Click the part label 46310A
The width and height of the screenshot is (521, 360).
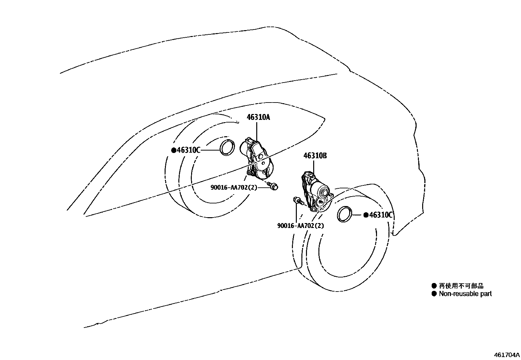click(x=258, y=117)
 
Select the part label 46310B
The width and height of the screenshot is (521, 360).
click(x=315, y=156)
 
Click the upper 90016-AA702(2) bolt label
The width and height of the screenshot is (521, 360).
click(x=234, y=188)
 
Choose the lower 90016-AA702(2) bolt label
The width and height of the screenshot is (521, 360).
click(x=300, y=226)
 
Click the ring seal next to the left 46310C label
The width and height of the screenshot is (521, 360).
click(x=227, y=147)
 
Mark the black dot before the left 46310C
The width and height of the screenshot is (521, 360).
click(x=174, y=150)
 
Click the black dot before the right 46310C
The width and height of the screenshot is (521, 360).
click(x=366, y=215)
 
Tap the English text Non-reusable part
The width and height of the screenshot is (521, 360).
click(x=465, y=294)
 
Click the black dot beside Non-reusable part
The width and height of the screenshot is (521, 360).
click(x=434, y=294)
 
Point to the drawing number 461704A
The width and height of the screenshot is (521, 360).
click(x=507, y=355)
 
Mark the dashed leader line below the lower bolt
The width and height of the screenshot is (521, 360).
click(x=296, y=213)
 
